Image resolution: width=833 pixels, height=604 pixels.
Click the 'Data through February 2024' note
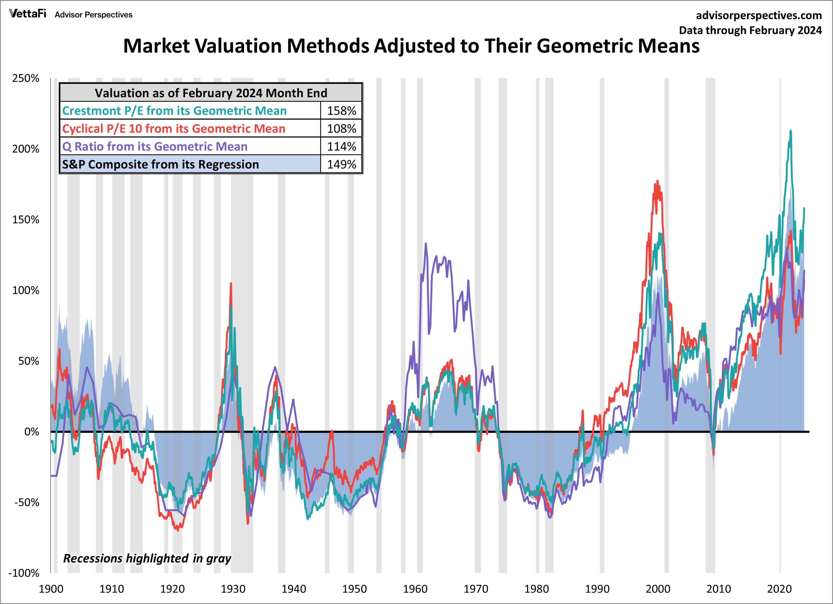coord(750,30)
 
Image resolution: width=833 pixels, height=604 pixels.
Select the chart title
coord(411,46)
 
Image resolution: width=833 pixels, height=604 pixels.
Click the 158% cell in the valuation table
coord(341,111)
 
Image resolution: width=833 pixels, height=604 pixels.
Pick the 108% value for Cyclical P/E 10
coord(341,128)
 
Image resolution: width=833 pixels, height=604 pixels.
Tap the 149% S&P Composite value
coord(341,164)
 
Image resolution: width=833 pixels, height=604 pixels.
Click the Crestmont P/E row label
coord(174,111)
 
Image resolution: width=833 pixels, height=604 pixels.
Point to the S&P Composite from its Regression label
coord(161,164)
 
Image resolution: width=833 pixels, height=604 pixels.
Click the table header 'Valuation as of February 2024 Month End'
coord(211,93)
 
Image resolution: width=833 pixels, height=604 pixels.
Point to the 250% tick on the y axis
coord(26,78)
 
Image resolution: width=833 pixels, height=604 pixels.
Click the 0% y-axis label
coord(32,432)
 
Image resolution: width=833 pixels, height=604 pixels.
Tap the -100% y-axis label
coord(24,573)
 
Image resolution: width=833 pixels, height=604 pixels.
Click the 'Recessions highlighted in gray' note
coord(147,558)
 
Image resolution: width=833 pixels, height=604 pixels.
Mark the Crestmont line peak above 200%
coord(790,131)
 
